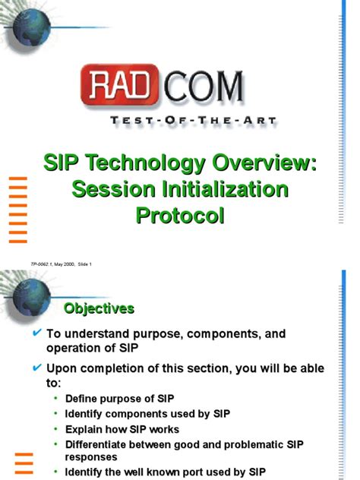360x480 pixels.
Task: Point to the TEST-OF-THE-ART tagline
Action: pos(183,119)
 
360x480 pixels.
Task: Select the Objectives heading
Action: pos(99,308)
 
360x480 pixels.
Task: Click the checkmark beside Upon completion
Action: pos(36,368)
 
